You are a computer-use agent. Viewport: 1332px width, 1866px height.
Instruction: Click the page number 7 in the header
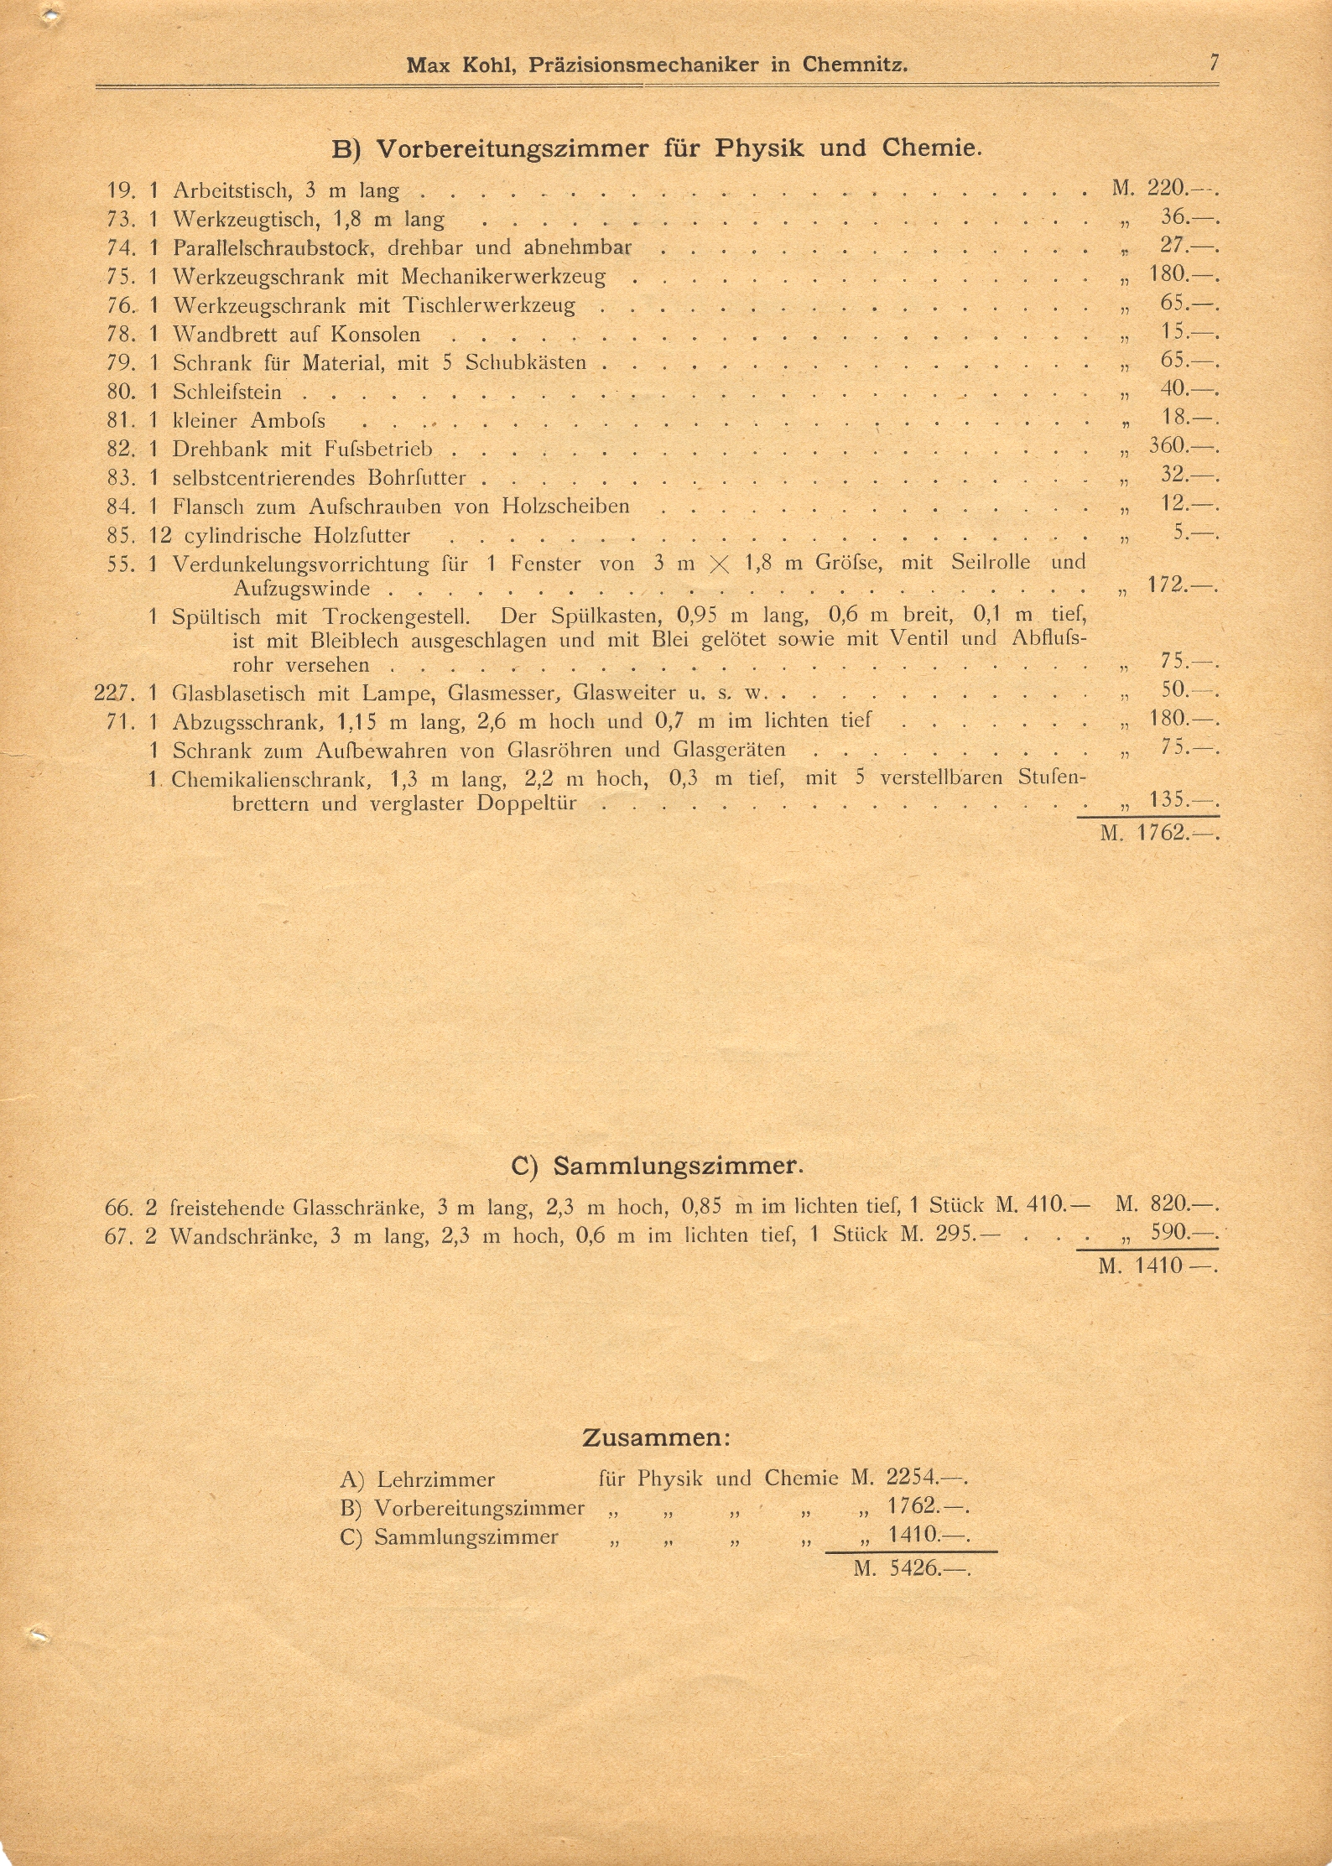pos(1213,63)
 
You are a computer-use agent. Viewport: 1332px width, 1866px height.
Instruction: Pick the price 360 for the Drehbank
pos(1167,445)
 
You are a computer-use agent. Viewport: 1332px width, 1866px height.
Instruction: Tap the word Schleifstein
pos(226,392)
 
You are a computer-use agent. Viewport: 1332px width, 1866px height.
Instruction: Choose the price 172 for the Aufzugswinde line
pos(1167,585)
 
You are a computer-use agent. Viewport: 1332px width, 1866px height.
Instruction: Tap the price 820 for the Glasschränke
pos(1169,1204)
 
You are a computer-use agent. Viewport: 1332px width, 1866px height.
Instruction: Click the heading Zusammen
pos(656,1437)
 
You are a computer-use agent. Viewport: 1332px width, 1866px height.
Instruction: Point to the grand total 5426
pos(914,1567)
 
